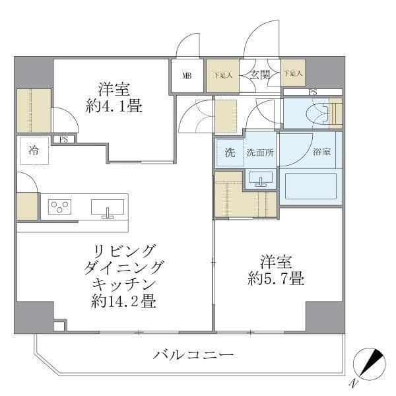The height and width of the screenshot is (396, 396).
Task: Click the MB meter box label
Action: tap(187, 75)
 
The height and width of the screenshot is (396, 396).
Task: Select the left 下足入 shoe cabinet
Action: tap(222, 75)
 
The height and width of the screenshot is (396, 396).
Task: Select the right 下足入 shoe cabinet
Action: tap(293, 75)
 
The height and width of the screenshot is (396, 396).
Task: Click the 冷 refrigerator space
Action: tap(33, 150)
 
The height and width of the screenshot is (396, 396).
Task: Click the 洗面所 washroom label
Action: tap(260, 153)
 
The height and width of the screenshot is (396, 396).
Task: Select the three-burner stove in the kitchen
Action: tap(60, 207)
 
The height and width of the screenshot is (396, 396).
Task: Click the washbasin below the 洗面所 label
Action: tap(261, 178)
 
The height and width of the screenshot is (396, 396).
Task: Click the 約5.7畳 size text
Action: tap(276, 279)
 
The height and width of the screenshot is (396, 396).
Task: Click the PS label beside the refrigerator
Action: tap(64, 139)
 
